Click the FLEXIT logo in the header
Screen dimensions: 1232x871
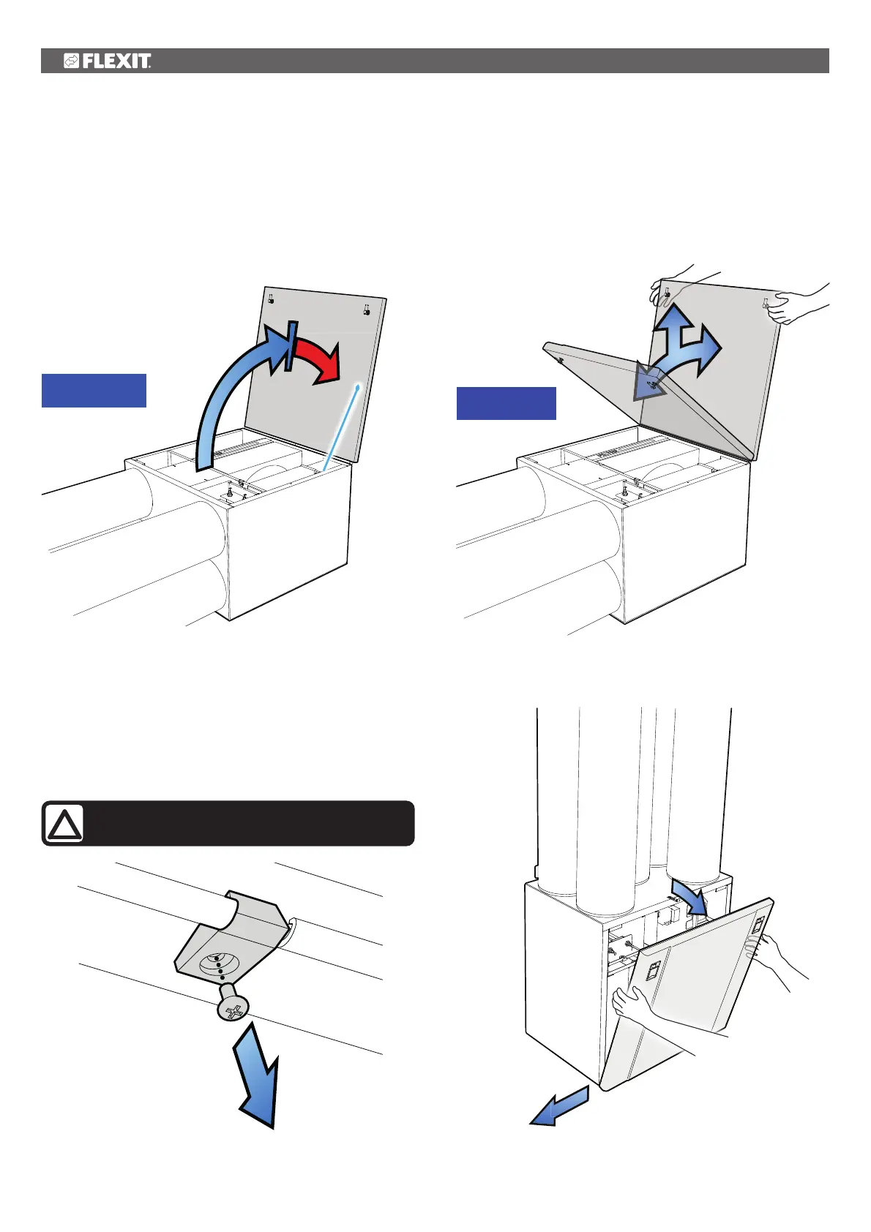108,61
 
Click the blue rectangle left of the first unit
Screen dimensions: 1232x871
94,390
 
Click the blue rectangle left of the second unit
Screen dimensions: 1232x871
506,403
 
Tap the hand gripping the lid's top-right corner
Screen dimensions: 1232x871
794,304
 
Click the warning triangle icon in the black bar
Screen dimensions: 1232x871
64,824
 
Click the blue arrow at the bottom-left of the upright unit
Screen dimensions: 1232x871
559,1105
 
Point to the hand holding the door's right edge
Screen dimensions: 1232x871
776,958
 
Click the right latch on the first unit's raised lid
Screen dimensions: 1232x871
366,309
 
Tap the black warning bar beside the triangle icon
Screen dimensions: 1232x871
249,824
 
